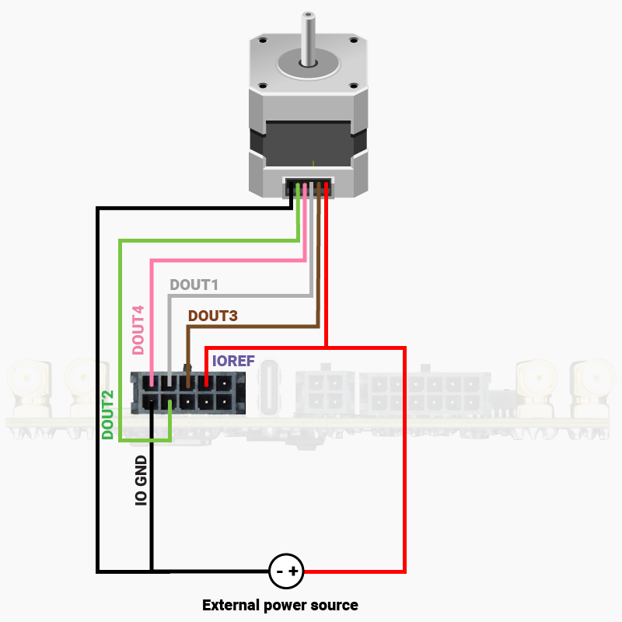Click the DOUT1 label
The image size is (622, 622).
pos(194,285)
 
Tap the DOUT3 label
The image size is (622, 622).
pos(212,316)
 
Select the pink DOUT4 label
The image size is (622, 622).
pos(138,327)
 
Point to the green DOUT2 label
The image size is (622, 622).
pos(109,414)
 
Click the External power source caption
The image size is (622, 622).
pos(280,605)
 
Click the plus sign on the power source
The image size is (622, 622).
pos(294,571)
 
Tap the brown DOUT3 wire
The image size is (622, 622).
pos(253,327)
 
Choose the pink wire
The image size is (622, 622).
pos(225,260)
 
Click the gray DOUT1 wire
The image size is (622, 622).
pos(241,295)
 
